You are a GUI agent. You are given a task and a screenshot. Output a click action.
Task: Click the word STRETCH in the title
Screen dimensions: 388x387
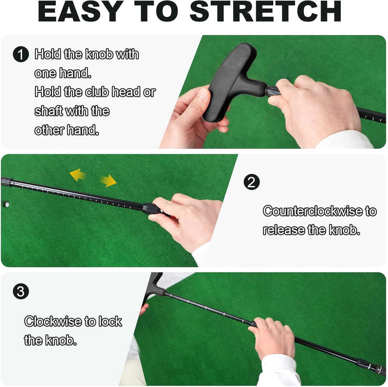pos(265,11)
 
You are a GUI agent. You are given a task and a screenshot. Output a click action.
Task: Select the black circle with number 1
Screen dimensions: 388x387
pos(21,54)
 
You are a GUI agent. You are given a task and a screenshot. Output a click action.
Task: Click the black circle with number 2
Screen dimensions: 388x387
pos(252,182)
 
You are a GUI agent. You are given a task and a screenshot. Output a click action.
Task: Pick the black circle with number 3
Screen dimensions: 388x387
pos(21,291)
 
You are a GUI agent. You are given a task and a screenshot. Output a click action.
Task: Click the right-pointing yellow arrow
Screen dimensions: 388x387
pos(108,181)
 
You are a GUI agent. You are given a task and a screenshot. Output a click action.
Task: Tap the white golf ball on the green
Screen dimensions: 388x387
pos(7,205)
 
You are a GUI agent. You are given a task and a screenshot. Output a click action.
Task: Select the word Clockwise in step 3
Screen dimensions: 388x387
pos(53,321)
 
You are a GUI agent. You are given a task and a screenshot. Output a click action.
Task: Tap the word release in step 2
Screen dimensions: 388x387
pos(284,230)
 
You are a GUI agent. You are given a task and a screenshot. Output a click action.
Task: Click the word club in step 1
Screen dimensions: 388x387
pos(97,92)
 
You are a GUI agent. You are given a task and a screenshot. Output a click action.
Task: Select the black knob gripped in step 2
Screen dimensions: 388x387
pos(151,209)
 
